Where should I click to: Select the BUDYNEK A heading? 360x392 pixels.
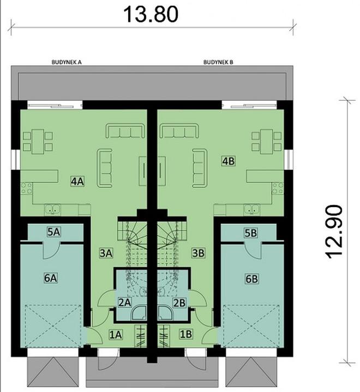67,63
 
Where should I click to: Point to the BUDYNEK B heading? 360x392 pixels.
218,63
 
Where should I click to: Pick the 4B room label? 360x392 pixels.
228,161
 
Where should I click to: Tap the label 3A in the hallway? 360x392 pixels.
106,253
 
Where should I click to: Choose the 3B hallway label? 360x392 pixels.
199,253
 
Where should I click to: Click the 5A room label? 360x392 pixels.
53,232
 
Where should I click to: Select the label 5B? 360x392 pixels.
250,232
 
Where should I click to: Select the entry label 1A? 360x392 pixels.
116,334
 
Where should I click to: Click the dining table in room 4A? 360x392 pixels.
37,140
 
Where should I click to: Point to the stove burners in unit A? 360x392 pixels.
26,189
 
